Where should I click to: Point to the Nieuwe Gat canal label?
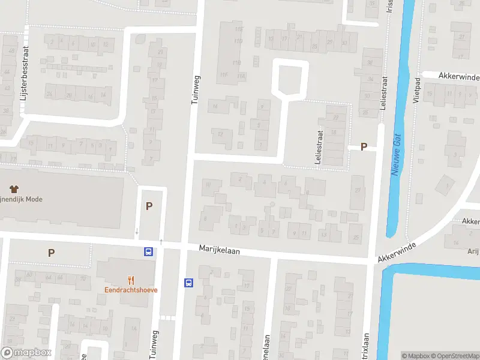click(x=397, y=154)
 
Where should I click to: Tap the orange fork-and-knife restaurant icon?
click(x=130, y=279)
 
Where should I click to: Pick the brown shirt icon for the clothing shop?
click(x=11, y=188)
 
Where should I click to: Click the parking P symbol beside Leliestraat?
click(x=363, y=147)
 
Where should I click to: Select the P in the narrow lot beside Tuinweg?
click(x=149, y=206)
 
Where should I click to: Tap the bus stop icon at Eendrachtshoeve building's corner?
click(x=148, y=252)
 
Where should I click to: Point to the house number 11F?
click(x=224, y=74)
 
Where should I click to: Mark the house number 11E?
click(x=238, y=29)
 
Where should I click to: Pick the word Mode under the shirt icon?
click(x=33, y=199)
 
